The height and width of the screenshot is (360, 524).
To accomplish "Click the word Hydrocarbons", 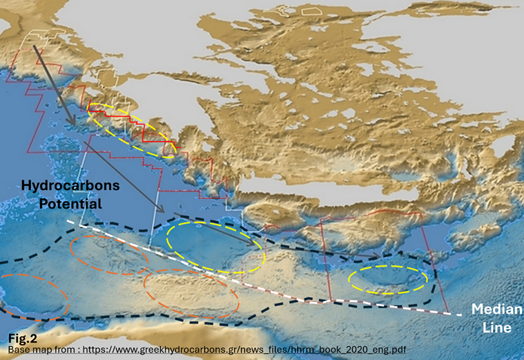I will (70, 186).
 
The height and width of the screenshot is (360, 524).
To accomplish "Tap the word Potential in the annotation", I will (70, 204).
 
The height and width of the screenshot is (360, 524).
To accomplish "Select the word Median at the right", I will (493, 310).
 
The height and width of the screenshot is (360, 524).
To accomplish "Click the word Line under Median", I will (498, 328).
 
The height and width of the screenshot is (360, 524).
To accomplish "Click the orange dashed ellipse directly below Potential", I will (108, 255).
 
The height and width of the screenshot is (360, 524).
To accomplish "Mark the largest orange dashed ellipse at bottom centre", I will (191, 293).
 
